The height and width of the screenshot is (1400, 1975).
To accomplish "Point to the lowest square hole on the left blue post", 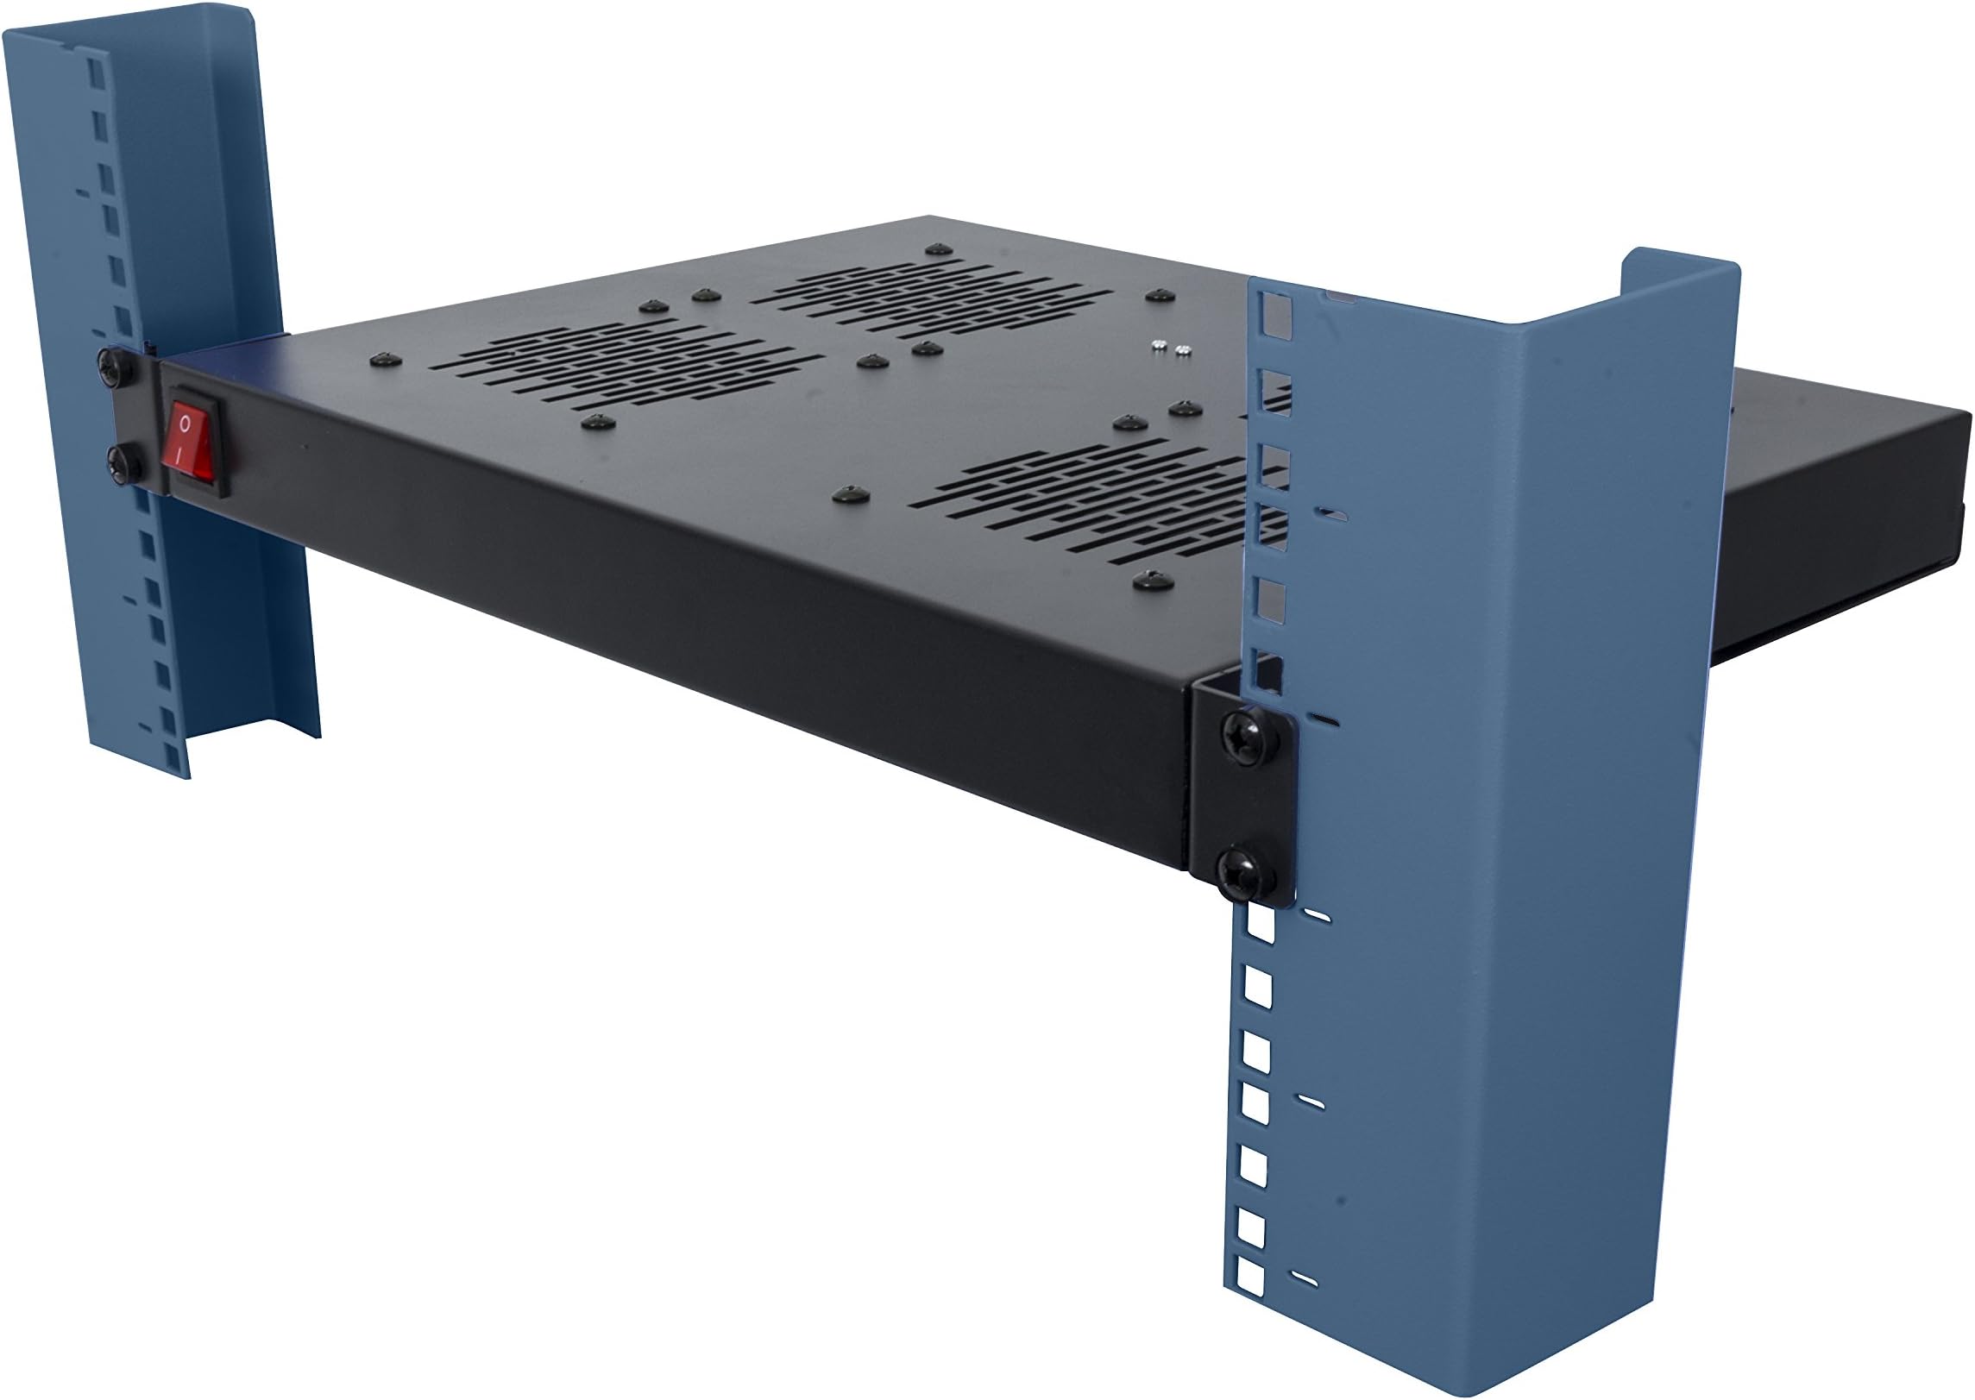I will pyautogui.click(x=177, y=757).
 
